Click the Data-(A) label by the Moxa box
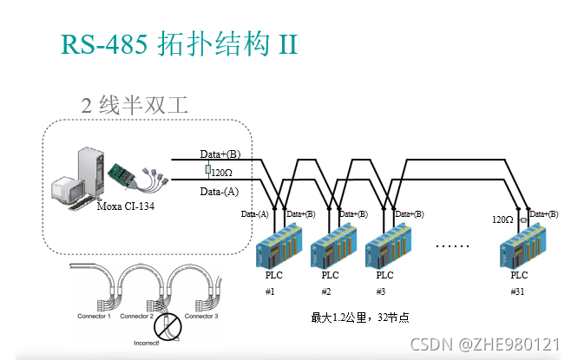coord(220,191)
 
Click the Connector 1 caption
coord(94,317)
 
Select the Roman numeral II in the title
coord(287,43)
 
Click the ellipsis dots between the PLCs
coord(452,245)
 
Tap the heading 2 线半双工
coord(134,106)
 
